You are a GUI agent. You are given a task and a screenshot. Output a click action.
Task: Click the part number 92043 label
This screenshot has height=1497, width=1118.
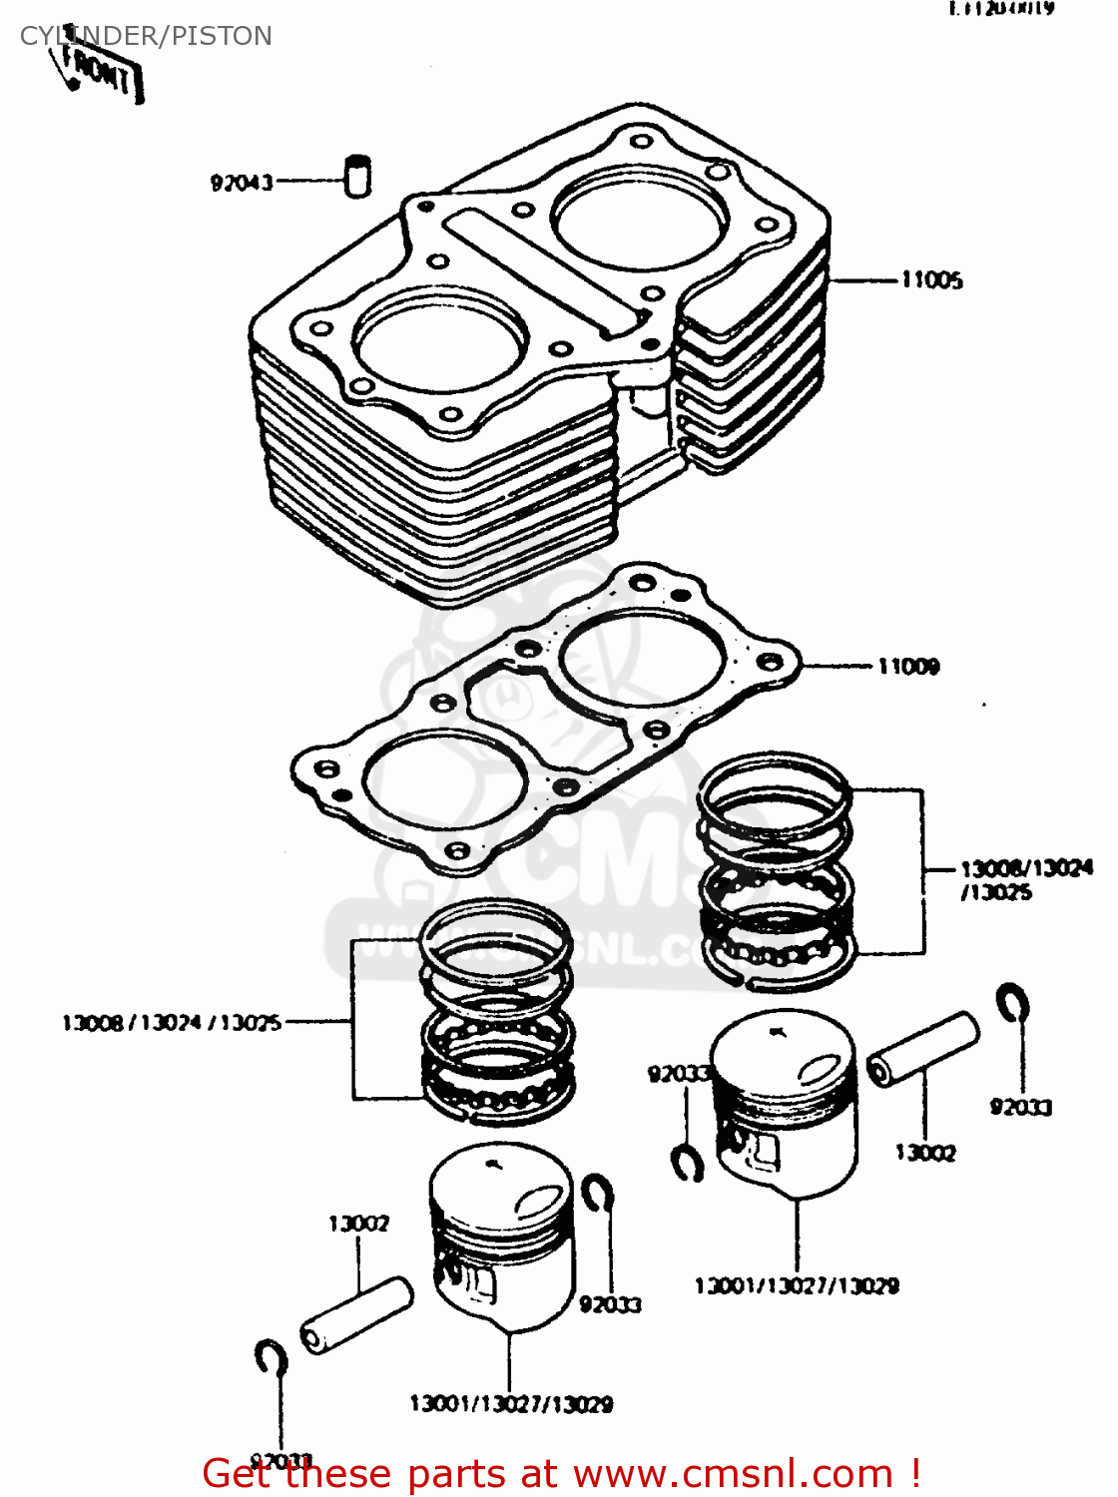click(242, 183)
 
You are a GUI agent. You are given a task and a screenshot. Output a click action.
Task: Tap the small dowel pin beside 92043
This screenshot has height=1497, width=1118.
click(357, 177)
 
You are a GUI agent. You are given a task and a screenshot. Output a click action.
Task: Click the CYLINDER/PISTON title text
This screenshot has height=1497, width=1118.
click(146, 36)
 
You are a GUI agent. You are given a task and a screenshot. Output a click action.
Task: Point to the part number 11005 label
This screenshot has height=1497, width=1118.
click(931, 280)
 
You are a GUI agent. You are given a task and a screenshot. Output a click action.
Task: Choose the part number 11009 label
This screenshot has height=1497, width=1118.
click(908, 667)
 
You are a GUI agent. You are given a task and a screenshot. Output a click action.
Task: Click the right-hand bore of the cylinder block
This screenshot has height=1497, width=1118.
click(640, 219)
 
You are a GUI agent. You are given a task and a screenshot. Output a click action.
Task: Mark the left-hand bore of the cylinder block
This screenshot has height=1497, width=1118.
click(441, 339)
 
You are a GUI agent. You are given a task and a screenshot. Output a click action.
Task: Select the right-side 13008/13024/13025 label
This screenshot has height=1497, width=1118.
click(1025, 879)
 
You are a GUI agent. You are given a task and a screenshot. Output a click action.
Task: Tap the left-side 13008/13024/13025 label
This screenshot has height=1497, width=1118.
click(172, 1023)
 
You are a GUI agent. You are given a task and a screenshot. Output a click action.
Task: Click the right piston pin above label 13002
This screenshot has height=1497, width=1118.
click(922, 1049)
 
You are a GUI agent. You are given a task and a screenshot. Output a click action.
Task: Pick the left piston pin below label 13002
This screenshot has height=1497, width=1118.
click(356, 1315)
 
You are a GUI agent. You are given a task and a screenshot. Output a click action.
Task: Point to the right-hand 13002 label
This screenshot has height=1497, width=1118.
click(925, 1153)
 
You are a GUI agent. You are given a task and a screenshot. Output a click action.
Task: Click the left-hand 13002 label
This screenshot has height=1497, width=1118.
click(358, 1224)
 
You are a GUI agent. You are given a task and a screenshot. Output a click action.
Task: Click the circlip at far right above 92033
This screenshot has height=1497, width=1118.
click(1013, 1003)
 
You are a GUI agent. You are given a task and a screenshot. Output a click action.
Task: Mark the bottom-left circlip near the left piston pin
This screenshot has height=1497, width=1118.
click(271, 1358)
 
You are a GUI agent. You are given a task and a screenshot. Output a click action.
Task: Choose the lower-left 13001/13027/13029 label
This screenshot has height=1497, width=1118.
click(511, 1404)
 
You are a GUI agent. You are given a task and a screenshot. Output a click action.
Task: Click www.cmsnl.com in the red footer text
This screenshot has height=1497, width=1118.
click(733, 1474)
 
